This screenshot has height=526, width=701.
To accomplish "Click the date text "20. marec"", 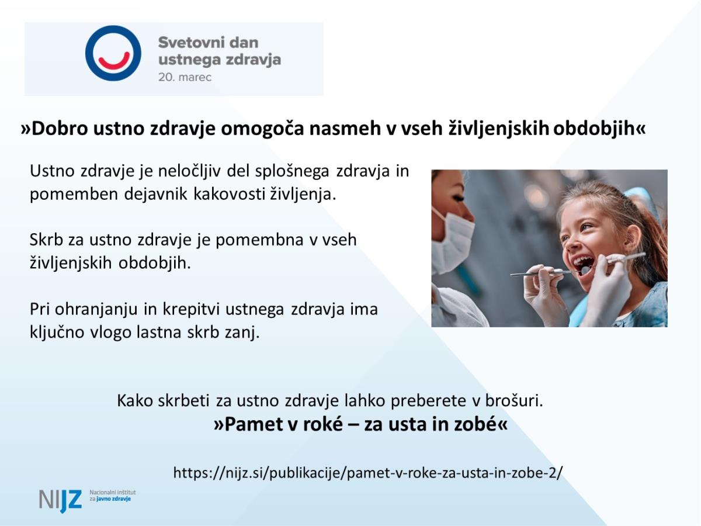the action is point(185,77).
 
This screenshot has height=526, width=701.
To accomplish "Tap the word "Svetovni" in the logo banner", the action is point(191,43).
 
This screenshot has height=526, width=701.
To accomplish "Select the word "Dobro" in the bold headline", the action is point(60,129).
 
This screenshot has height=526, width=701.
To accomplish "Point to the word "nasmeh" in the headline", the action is point(346,129).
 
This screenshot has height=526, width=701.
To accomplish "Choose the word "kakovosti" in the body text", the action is point(230,194).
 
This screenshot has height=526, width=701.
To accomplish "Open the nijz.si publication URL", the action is point(368,473).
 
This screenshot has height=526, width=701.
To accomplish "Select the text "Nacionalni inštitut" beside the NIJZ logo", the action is point(112,493).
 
